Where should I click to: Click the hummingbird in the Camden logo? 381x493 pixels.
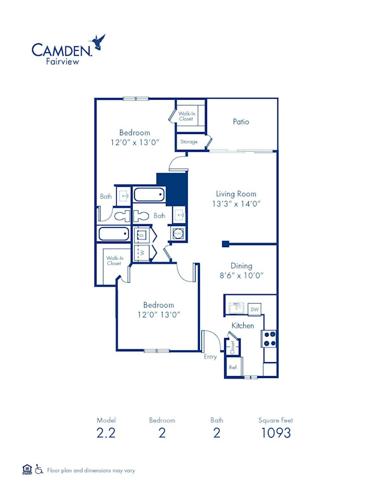coord(98,43)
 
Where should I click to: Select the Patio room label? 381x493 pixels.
coord(241,121)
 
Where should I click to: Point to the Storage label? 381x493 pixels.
coord(189,142)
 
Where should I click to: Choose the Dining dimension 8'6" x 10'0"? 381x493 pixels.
coord(241,276)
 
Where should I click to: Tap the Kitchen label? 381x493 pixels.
coord(243,325)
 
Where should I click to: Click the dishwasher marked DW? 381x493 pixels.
coord(254,309)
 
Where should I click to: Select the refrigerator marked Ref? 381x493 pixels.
coord(232,368)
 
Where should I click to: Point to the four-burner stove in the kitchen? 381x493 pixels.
coord(270,338)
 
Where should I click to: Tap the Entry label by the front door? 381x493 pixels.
coord(210,357)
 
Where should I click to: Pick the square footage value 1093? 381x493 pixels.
coord(276,433)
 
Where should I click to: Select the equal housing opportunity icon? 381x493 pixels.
coord(27,469)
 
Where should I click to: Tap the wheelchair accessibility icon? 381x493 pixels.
coord(39,469)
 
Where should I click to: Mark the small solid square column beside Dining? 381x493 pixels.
coord(225,243)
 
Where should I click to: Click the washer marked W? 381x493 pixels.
coord(143,252)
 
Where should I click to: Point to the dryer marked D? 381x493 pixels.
coord(143,234)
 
